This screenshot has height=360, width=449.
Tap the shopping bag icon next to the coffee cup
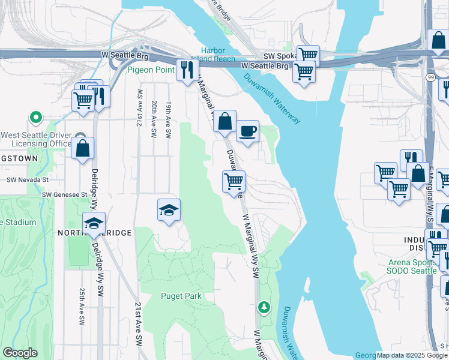224,122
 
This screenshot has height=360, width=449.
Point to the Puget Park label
181,296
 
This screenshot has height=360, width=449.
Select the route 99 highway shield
430,77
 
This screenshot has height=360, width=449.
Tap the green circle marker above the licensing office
36,118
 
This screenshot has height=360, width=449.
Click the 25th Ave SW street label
81,306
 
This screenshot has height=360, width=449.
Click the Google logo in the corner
20,353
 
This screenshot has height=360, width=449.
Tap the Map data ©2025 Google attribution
412,355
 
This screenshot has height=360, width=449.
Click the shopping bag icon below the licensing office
82,148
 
